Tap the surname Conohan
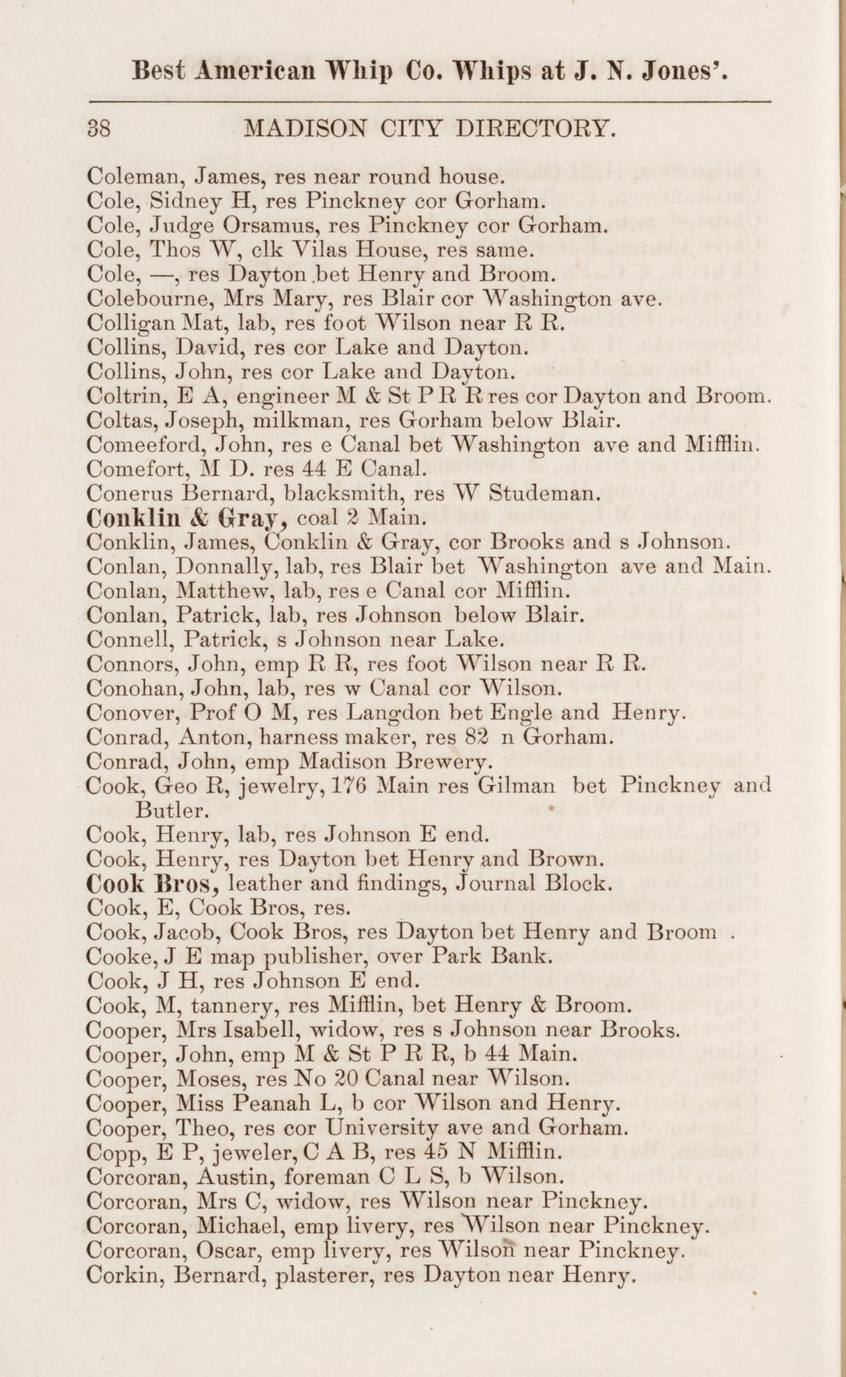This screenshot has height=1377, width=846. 134,688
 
